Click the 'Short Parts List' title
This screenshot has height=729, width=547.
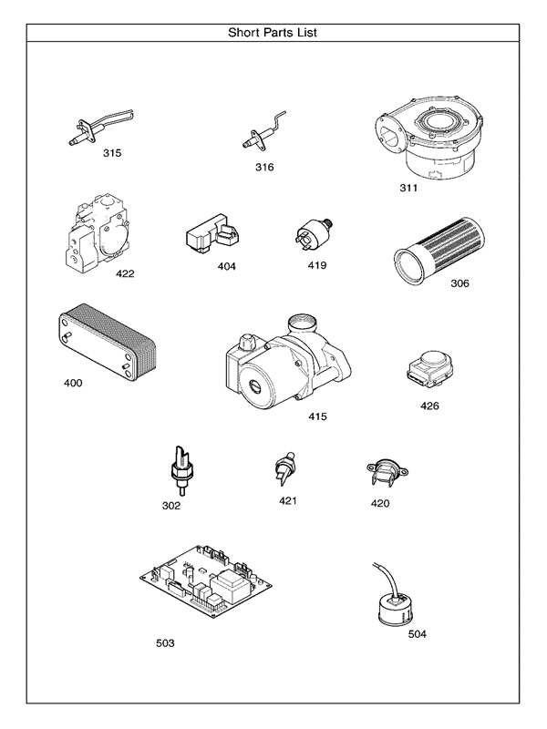(273, 33)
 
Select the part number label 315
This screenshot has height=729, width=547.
(112, 153)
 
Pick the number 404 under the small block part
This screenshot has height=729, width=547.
(225, 267)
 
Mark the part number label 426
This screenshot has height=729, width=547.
(429, 406)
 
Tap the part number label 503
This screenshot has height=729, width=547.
(165, 643)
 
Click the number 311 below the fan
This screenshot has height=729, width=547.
(408, 189)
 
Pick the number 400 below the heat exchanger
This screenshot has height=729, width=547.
(72, 383)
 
